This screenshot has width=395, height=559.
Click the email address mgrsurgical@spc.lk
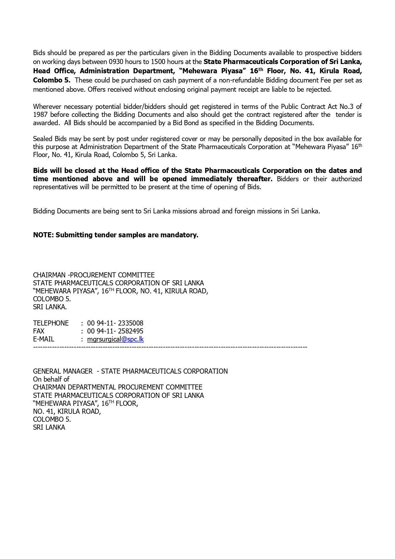pos(115,339)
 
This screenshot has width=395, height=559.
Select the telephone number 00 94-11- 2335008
pos(115,323)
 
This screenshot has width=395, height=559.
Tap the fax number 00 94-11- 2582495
pos(115,331)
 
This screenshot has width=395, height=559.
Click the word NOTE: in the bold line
pos(44,235)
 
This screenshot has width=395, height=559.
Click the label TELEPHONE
pos(51,323)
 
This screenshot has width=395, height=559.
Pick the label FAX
pos(39,331)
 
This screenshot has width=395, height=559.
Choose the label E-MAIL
pos(44,339)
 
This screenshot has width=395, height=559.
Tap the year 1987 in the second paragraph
pos(40,115)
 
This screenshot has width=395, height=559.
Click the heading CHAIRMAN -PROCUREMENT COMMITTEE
pos(94,275)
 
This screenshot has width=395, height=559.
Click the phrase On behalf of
pos(51,379)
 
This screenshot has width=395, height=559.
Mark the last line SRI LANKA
pos(49,427)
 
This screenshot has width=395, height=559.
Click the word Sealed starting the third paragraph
pos(43,139)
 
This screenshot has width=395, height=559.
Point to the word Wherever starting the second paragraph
pos(46,107)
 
